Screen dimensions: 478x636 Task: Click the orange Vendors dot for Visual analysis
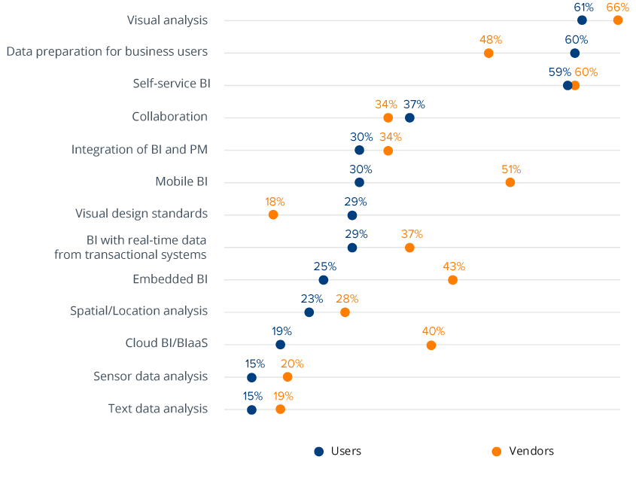click(x=618, y=20)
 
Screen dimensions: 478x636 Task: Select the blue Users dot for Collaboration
click(x=409, y=117)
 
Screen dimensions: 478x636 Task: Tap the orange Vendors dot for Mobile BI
click(x=510, y=182)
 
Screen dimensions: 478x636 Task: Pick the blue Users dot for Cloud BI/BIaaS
click(x=280, y=345)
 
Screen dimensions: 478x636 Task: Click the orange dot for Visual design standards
click(x=273, y=215)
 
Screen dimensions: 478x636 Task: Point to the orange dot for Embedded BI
click(x=452, y=280)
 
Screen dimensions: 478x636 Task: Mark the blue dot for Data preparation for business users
click(x=575, y=53)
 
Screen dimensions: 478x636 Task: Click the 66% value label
click(x=618, y=8)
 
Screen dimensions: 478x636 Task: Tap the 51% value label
click(x=511, y=169)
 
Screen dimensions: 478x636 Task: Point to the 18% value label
click(x=275, y=202)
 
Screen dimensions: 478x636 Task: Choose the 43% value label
click(x=454, y=266)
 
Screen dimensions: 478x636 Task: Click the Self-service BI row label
click(x=170, y=84)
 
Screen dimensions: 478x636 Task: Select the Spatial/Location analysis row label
click(x=138, y=311)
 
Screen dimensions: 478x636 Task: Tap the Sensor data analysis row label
click(x=151, y=376)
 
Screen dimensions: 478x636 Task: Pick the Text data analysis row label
click(x=157, y=409)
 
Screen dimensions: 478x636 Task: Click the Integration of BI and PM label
click(x=139, y=150)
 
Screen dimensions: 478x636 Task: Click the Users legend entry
click(x=338, y=451)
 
